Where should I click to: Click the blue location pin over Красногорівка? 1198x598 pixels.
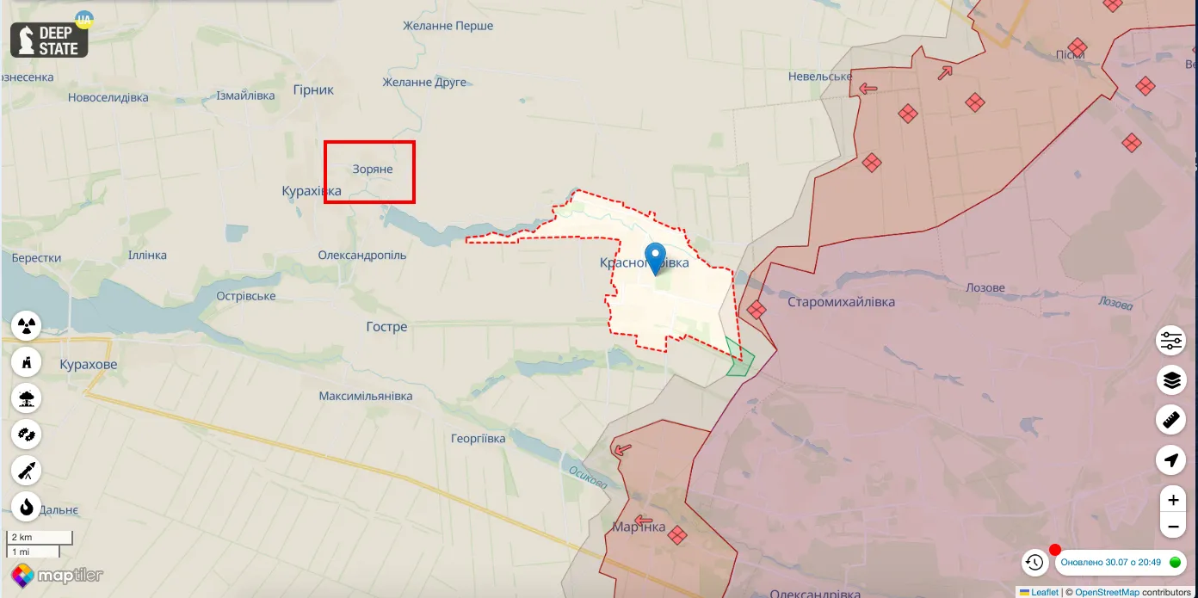click(x=656, y=257)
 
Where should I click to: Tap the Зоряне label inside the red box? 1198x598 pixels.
click(x=373, y=170)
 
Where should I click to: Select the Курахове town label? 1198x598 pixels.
click(x=89, y=365)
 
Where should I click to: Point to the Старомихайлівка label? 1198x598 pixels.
click(x=841, y=302)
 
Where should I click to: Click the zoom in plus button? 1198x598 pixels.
click(x=1171, y=500)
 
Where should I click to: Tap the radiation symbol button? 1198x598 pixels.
click(x=27, y=326)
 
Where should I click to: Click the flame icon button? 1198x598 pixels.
click(x=27, y=507)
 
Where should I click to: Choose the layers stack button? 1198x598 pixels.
click(x=1171, y=379)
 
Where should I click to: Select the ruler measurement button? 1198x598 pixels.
click(x=1171, y=420)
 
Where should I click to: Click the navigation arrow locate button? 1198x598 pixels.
click(x=1171, y=460)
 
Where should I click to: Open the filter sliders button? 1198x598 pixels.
click(x=1171, y=341)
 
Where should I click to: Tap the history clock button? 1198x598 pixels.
click(x=1034, y=563)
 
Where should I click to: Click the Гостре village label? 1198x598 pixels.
click(x=386, y=327)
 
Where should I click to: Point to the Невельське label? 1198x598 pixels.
click(x=820, y=77)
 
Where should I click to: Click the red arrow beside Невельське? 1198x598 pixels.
click(x=868, y=88)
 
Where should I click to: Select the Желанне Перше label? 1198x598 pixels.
click(x=448, y=26)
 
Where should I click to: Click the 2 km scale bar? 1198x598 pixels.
click(x=40, y=538)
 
